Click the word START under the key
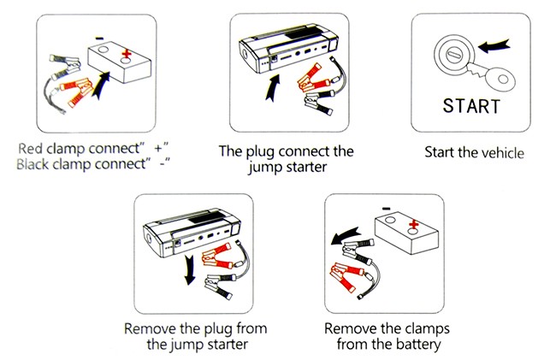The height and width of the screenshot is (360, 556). click(472, 107)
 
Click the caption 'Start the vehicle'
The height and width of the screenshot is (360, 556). click(474, 153)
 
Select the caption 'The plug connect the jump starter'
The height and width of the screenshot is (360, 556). click(286, 159)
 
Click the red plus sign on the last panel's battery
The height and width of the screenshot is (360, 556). click(415, 226)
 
